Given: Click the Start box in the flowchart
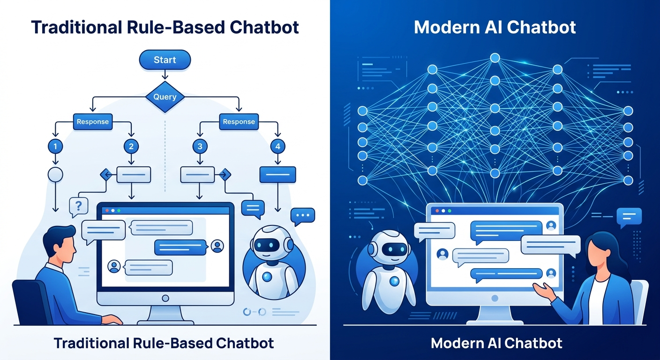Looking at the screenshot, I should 165,60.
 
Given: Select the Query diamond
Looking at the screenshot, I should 165,97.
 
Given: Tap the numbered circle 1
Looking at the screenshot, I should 55,147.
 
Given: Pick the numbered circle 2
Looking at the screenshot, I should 131,147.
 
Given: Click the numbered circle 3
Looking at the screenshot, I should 200,147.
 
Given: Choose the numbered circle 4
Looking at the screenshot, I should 278,147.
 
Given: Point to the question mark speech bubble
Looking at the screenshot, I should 78,206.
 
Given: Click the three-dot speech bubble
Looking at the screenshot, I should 302,216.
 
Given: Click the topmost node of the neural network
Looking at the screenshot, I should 495,58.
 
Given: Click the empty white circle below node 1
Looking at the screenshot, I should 55,175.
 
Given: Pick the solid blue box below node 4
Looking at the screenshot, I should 278,175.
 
